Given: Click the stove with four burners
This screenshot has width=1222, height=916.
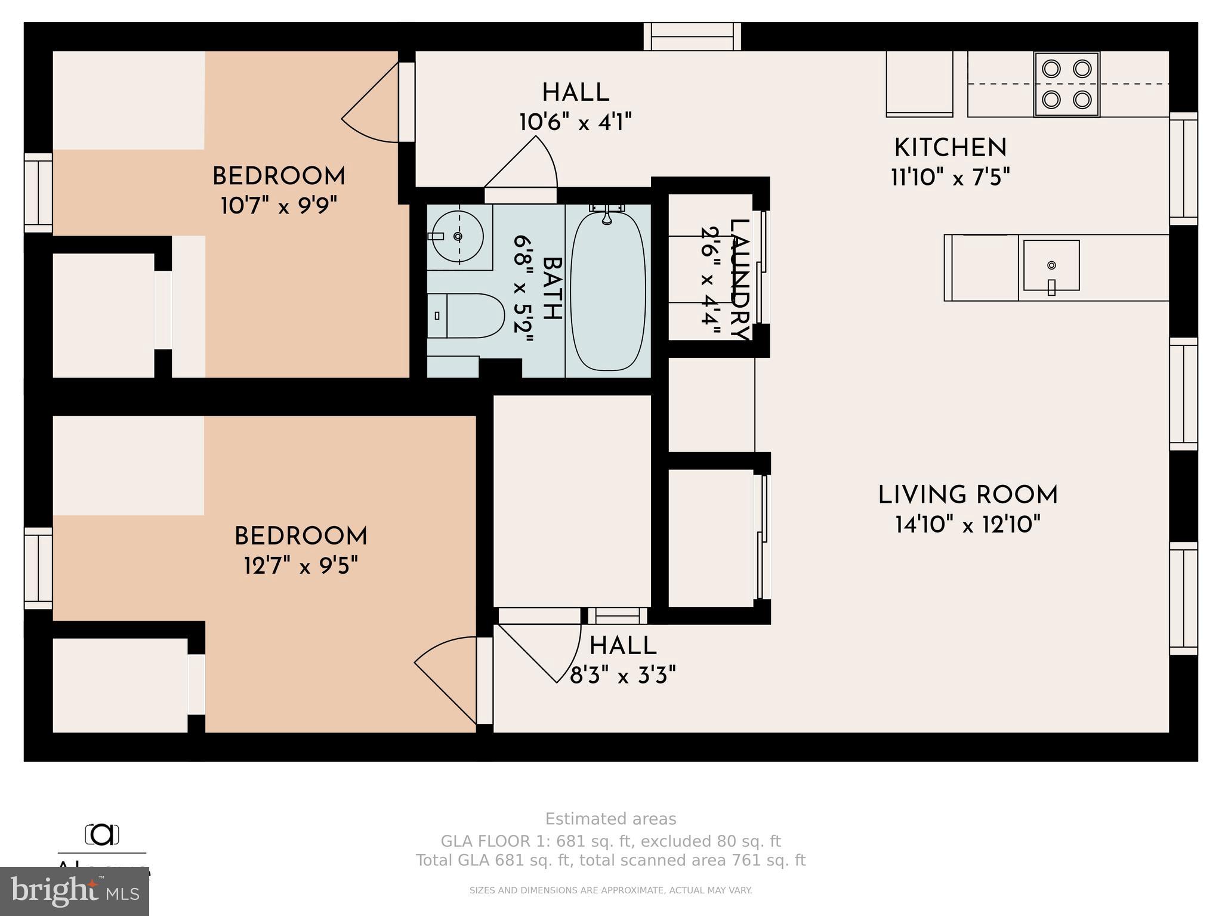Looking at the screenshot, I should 1066,84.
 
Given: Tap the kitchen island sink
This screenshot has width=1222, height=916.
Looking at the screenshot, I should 1051,265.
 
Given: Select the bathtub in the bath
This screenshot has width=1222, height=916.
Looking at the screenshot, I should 608,291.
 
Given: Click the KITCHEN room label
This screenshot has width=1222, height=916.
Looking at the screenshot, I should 950,148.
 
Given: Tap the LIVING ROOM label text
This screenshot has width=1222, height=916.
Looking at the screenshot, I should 967,496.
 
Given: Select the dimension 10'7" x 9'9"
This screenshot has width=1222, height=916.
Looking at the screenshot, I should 279,206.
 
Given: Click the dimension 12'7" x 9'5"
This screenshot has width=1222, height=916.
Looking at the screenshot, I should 301,565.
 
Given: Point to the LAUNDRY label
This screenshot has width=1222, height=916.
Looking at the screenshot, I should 738,280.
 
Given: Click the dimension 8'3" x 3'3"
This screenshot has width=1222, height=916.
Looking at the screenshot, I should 622,676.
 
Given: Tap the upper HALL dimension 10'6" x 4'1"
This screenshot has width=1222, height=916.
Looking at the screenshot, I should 575,123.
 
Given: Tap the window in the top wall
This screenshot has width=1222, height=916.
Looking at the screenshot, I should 692,36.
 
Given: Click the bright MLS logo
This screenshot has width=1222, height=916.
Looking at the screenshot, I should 75,891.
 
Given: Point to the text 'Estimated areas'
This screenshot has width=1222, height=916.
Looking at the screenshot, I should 610,819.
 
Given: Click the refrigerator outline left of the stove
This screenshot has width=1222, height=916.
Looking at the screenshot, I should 918,83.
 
